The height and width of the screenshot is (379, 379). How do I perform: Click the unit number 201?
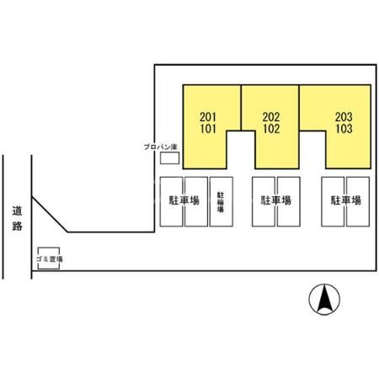pyautogui.click(x=208, y=117)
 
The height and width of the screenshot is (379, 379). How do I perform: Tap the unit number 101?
pyautogui.click(x=208, y=129)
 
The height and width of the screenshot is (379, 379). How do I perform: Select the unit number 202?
pyautogui.click(x=271, y=117)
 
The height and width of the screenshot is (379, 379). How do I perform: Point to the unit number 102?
pyautogui.click(x=271, y=129)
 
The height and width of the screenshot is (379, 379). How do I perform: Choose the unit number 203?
pyautogui.click(x=344, y=117)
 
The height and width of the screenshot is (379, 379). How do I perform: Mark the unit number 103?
pyautogui.click(x=344, y=129)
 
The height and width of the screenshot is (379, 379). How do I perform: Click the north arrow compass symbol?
pyautogui.click(x=324, y=299)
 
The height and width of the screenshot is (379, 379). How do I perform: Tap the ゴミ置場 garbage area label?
pyautogui.click(x=49, y=259)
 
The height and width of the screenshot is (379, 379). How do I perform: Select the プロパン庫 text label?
pyautogui.click(x=161, y=147)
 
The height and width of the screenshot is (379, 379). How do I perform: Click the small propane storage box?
pyautogui.click(x=169, y=157)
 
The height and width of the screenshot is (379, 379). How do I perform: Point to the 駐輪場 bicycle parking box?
pyautogui.click(x=222, y=201)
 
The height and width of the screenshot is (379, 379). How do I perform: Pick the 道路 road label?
pyautogui.click(x=17, y=218)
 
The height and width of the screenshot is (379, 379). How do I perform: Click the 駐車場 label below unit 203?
pyautogui.click(x=346, y=200)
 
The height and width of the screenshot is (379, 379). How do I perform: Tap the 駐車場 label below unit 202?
pyautogui.click(x=276, y=200)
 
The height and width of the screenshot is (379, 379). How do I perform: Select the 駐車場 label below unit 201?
pyautogui.click(x=184, y=200)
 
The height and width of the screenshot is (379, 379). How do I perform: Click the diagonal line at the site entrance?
pyautogui.click(x=50, y=215)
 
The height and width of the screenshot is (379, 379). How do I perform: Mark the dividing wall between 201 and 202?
pyautogui.click(x=241, y=108)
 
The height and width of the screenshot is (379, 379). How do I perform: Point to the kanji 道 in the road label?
pyautogui.click(x=17, y=211)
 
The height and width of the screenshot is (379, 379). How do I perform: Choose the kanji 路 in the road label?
pyautogui.click(x=17, y=226)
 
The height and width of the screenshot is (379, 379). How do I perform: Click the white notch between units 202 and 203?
pyautogui.click(x=312, y=150)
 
